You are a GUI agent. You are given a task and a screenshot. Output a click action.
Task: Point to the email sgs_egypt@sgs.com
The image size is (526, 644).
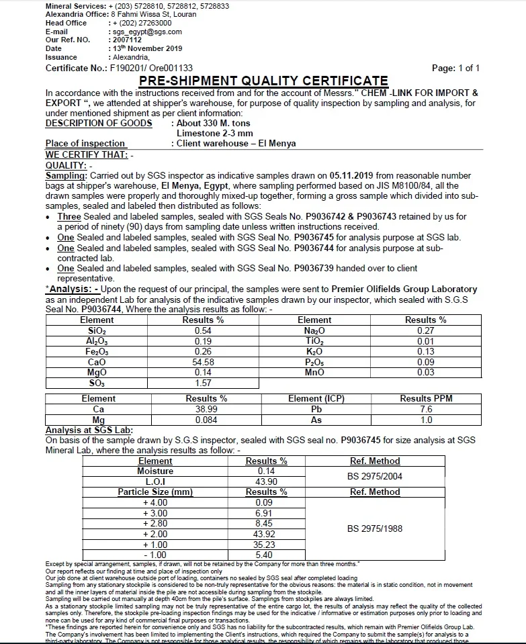[x=146, y=32]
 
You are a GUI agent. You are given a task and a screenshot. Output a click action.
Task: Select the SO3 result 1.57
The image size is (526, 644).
[x=204, y=383]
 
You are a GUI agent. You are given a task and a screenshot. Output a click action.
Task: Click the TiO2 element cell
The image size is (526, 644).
[x=314, y=341]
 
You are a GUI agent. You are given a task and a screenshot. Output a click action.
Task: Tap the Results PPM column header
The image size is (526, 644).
[x=426, y=398]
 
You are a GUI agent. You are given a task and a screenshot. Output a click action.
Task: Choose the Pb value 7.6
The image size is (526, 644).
[x=426, y=409]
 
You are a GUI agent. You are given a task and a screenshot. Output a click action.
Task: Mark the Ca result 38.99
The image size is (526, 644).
[x=206, y=409]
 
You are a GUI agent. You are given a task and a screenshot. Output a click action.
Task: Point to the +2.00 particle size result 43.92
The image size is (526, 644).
[x=265, y=534]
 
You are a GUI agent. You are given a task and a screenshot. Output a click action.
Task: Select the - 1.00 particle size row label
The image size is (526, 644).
[x=155, y=555]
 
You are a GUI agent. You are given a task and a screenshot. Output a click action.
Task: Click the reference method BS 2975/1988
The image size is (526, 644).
[x=375, y=528]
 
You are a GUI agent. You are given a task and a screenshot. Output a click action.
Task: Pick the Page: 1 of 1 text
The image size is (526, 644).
[x=456, y=68]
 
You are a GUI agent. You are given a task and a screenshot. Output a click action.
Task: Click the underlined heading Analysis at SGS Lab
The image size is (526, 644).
[x=89, y=430]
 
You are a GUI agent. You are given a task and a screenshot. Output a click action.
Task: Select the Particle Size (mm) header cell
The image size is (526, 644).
[x=155, y=492]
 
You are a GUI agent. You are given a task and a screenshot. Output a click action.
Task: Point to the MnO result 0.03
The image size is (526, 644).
[x=426, y=372]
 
